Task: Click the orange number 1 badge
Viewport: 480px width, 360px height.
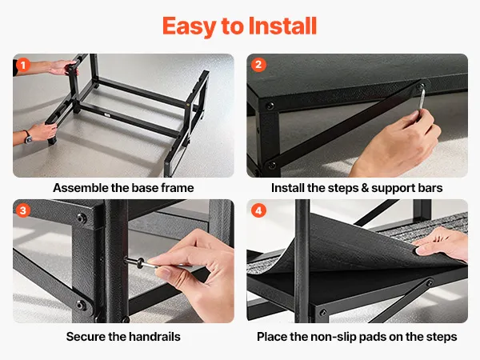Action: click(x=23, y=66)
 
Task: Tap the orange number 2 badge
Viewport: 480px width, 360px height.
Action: click(x=258, y=65)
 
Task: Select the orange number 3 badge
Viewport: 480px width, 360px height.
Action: click(x=23, y=210)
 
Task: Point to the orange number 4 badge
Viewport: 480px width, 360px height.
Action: click(x=258, y=210)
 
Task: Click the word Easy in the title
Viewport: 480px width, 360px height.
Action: click(x=189, y=26)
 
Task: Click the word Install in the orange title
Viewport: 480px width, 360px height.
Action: click(x=282, y=26)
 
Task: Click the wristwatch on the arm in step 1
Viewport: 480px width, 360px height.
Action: click(x=28, y=137)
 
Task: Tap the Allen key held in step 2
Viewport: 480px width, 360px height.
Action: click(x=422, y=98)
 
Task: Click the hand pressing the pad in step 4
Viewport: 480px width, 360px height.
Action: click(x=441, y=244)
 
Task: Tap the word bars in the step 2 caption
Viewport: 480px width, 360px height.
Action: click(x=430, y=188)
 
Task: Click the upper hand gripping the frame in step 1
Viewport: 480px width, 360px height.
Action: click(x=63, y=68)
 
